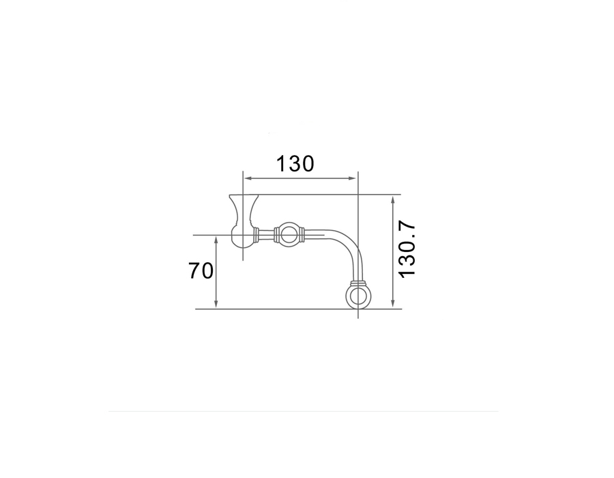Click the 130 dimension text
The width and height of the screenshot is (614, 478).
pyautogui.click(x=295, y=164)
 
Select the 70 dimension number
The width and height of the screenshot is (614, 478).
pyautogui.click(x=201, y=270)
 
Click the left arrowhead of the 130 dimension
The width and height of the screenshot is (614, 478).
pyautogui.click(x=248, y=178)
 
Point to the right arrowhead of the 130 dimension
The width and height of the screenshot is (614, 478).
pyautogui.click(x=353, y=178)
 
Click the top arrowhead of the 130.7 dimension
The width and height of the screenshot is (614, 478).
pyautogui.click(x=393, y=201)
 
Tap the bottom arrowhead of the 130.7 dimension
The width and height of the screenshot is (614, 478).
pyautogui.click(x=393, y=303)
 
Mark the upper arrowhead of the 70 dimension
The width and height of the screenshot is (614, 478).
pyautogui.click(x=216, y=240)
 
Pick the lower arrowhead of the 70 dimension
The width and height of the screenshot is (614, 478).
pyautogui.click(x=216, y=303)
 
